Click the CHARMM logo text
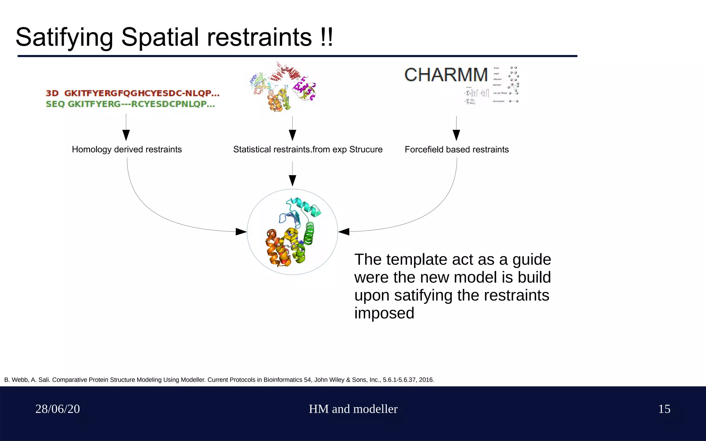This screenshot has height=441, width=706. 446,75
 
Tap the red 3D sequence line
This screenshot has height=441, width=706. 132,93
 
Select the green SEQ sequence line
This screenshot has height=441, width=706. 130,104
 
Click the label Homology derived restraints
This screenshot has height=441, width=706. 127,150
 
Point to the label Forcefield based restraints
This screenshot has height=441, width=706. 456,150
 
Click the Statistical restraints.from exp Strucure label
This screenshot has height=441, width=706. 307,150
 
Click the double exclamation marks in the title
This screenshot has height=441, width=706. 326,37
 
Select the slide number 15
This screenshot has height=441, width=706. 664,409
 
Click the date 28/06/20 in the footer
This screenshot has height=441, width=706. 58,409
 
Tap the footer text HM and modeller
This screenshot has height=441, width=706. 353,409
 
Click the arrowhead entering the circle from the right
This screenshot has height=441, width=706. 344,232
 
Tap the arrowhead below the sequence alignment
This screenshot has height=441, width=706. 126,135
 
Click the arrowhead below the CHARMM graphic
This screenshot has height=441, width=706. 456,135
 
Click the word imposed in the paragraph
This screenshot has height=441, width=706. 384,313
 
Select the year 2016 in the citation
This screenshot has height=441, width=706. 426,380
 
